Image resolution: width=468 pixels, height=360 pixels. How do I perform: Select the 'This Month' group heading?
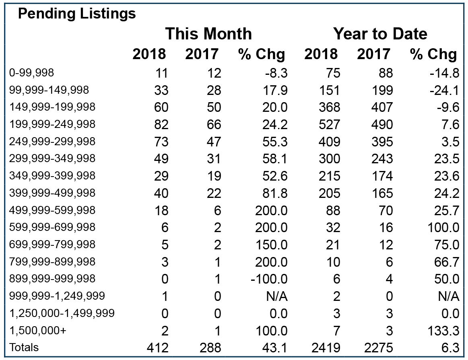tap(208, 33)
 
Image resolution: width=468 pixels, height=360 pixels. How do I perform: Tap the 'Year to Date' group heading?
tap(380, 33)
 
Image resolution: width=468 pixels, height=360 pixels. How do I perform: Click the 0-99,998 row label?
tap(32, 72)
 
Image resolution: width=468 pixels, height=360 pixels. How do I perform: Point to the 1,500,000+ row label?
tap(37, 330)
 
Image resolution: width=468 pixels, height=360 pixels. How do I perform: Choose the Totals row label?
tap(24, 348)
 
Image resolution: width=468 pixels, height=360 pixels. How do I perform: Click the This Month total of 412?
tap(158, 348)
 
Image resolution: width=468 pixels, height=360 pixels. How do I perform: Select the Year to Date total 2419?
tap(326, 348)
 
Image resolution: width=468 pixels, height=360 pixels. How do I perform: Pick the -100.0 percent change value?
tap(269, 279)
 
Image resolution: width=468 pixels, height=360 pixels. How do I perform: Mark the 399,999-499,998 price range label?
tap(52, 193)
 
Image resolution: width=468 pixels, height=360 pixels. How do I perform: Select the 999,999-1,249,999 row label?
tap(57, 296)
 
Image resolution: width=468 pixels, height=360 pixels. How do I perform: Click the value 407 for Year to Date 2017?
tap(382, 107)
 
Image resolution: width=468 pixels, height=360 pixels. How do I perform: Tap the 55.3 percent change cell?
tap(275, 142)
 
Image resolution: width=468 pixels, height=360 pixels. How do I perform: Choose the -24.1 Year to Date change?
tap(444, 91)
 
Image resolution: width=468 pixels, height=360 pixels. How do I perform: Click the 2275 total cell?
tap(378, 348)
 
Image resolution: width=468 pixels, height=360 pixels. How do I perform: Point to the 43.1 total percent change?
tap(275, 348)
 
